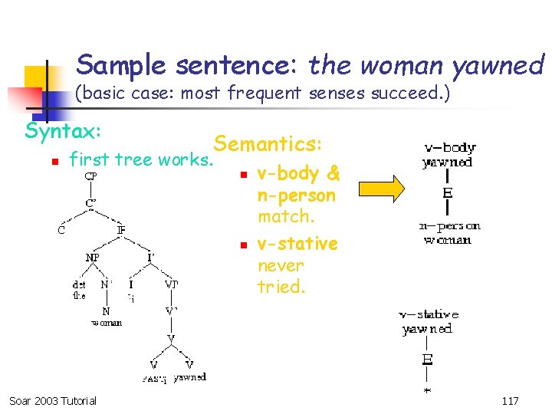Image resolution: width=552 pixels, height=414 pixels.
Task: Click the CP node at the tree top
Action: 90,176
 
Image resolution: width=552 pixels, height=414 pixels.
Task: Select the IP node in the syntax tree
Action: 121,229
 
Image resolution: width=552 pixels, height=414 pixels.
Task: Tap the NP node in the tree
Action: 92,257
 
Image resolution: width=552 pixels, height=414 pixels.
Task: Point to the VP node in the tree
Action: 171,284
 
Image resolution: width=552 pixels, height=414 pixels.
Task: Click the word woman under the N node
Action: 107,323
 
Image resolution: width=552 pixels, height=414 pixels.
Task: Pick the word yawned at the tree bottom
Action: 189,377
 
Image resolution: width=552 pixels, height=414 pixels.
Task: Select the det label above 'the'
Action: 79,284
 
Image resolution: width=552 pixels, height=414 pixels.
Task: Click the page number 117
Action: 509,401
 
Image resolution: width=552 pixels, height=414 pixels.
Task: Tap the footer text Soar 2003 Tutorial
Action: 53,401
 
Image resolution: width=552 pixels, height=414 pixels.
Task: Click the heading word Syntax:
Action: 64,131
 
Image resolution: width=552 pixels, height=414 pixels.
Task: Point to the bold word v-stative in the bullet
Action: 297,244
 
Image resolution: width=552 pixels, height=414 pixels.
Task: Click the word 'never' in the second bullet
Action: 281,265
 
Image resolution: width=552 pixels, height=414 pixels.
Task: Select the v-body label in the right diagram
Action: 449,147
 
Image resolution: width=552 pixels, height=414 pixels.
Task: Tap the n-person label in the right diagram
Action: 449,226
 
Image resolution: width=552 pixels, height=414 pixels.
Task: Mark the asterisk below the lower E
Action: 427,389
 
